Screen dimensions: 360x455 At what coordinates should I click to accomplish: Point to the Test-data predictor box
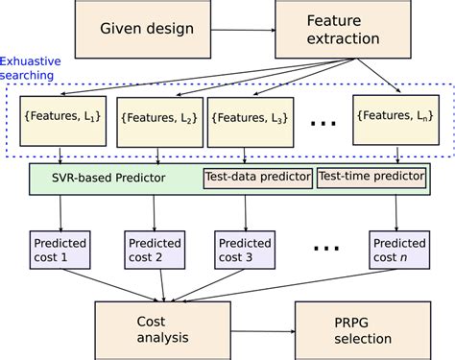(x=257, y=177)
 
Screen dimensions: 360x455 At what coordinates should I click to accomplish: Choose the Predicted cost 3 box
(x=243, y=251)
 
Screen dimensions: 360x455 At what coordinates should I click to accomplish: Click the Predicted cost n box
(x=399, y=251)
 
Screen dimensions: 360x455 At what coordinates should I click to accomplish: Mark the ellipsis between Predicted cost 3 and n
(x=325, y=248)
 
